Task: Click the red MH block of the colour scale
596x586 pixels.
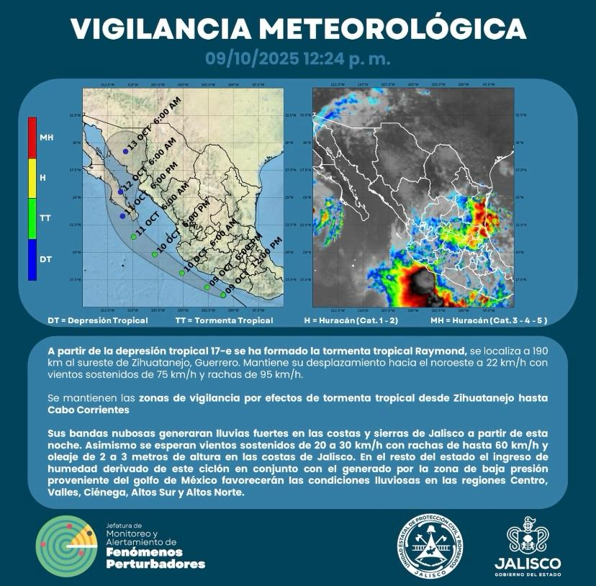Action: (32, 138)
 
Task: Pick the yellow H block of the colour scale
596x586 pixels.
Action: (32, 177)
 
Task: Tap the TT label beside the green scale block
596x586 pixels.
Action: (45, 217)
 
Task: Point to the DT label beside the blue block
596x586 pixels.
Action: (45, 258)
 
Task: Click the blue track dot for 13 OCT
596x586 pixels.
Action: (124, 150)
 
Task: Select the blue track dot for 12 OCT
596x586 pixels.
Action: (121, 191)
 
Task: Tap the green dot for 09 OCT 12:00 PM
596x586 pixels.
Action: (223, 294)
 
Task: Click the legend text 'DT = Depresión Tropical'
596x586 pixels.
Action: (98, 320)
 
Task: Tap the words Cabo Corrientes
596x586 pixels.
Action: (91, 409)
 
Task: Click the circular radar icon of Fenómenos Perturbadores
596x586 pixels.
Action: (65, 544)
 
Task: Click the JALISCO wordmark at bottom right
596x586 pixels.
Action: (528, 562)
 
